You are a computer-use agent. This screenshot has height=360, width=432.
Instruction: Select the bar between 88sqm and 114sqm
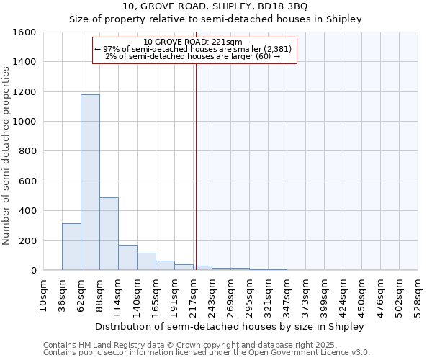109,233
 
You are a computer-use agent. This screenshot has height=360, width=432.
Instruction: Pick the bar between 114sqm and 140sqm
127,258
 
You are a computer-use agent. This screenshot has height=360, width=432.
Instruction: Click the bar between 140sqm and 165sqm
146,261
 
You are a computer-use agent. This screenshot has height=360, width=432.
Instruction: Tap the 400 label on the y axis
27,211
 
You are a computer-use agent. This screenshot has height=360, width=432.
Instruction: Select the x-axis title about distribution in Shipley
230,326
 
